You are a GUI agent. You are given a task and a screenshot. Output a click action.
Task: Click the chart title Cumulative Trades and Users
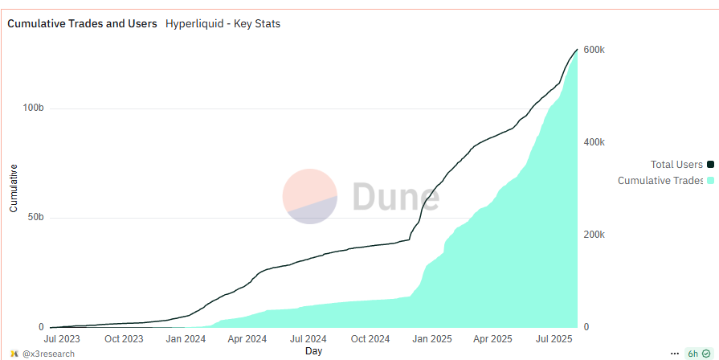(82, 23)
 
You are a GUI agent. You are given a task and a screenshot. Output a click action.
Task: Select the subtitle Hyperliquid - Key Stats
(223, 23)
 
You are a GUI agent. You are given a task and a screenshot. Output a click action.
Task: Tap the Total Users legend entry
(677, 165)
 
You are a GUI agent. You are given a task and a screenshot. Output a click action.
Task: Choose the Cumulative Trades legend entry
(660, 181)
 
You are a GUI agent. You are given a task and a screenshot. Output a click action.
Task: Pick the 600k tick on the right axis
(594, 50)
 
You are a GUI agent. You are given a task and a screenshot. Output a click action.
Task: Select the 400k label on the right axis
(594, 142)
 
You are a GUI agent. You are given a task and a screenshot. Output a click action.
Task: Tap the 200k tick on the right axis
(594, 235)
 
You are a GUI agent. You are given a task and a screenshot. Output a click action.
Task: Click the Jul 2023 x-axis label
(62, 340)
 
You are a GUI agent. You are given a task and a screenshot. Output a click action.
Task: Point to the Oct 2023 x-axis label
(124, 340)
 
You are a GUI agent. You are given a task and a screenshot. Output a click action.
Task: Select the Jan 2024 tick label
(186, 340)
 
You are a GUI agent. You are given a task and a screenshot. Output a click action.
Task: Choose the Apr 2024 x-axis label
(246, 340)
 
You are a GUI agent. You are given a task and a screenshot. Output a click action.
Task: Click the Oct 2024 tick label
(370, 340)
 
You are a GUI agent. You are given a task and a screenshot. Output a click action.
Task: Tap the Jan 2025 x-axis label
(432, 340)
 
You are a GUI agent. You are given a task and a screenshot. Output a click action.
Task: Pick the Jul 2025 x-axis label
(554, 340)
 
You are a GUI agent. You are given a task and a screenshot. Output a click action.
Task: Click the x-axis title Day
(313, 351)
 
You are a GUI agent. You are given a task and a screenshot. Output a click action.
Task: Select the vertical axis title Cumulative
(14, 188)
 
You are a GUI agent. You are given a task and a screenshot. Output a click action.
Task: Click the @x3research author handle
(48, 354)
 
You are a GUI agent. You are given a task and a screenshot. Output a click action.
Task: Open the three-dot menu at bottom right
(674, 354)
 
